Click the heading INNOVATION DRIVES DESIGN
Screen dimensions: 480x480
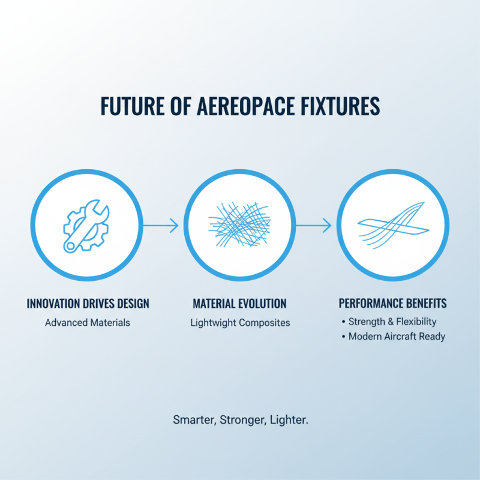coord(88,304)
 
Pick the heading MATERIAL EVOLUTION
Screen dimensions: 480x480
coord(239,304)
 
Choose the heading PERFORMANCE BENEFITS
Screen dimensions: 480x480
coord(392,304)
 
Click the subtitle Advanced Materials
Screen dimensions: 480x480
coord(88,322)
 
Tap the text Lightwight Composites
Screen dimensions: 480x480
coord(240,322)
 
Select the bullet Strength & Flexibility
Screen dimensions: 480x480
coord(392,322)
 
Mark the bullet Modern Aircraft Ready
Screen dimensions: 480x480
coord(397,336)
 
